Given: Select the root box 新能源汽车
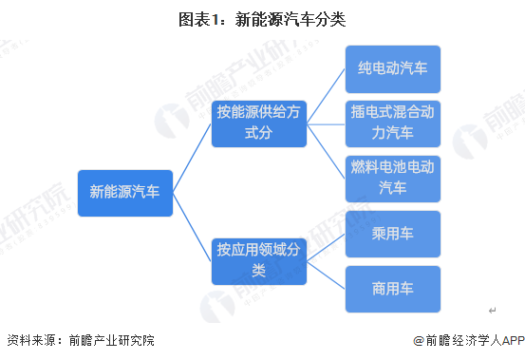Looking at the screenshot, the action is pos(125,192).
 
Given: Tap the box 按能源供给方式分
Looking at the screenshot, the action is pos(258,123).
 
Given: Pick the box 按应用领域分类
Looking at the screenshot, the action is pos(258,260).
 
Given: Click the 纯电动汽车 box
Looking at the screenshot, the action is pos(393,68).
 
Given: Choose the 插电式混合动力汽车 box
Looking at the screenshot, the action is pos(393,123).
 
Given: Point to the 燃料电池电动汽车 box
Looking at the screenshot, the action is pos(393,178).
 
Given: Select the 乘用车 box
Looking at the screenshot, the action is pos(393,235).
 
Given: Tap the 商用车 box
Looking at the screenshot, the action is pos(393,289).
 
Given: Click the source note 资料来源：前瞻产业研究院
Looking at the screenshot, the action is pos(80,340).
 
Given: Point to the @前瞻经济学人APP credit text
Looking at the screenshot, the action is pos(467,340).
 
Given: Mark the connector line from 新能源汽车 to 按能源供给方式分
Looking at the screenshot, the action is pos(192,158).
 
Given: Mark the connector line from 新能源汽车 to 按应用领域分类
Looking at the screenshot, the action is pos(192,226).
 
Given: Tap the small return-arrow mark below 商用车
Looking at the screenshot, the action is pos(493,311).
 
